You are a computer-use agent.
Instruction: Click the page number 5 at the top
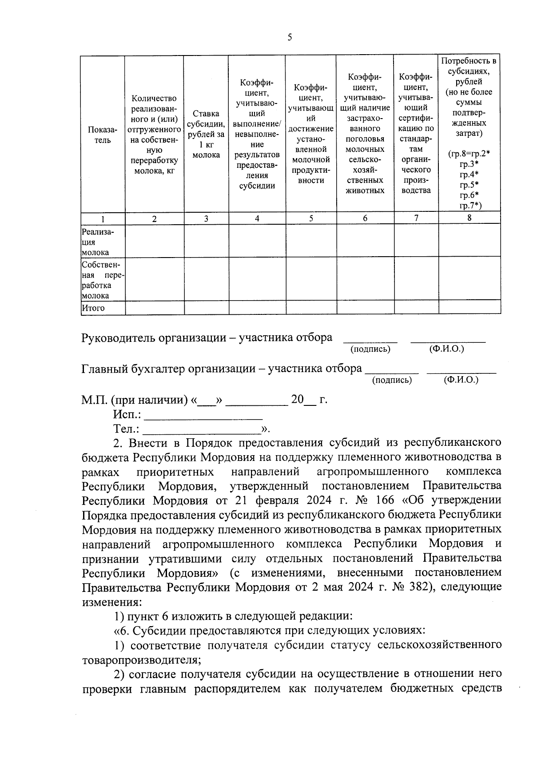pos(290,37)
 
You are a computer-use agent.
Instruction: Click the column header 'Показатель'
pos(103,135)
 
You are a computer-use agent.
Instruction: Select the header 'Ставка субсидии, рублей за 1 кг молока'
pos(206,135)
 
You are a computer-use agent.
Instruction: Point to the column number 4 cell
pos(257,218)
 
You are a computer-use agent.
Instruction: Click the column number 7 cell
pos(416,218)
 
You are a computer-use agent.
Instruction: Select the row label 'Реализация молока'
pos(96,242)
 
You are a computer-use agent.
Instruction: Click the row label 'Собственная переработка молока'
pos(102,280)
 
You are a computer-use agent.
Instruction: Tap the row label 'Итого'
pos(93,308)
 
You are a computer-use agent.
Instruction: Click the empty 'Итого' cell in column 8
pos(469,307)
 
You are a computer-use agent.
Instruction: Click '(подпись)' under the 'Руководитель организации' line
pos(370,349)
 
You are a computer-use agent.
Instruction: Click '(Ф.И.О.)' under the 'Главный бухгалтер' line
pos(461,380)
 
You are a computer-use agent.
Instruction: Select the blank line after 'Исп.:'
pos(204,416)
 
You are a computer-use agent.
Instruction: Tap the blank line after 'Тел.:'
pos(202,430)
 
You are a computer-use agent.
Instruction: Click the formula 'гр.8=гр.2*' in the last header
pos(469,154)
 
